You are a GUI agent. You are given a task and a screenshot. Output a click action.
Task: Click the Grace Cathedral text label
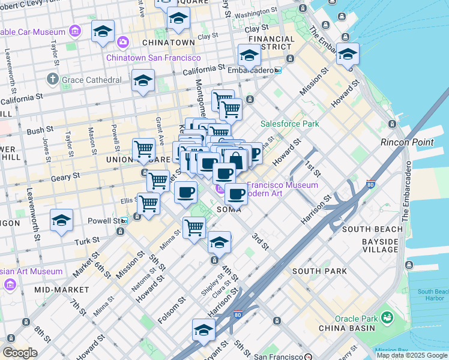click(x=92, y=80)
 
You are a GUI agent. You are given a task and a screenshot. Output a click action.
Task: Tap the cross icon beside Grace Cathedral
click(x=53, y=80)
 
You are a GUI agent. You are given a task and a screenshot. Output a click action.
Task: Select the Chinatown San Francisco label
click(x=154, y=58)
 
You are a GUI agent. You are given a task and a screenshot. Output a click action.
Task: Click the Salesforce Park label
click(x=289, y=124)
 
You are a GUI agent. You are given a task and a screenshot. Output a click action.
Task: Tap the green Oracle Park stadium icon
click(x=387, y=316)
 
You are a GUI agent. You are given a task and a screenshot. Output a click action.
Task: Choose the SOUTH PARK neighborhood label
click(x=319, y=271)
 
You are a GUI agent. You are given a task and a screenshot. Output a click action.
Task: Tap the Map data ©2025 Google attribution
click(x=412, y=355)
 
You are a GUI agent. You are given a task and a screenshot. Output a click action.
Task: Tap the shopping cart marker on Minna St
click(x=194, y=227)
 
